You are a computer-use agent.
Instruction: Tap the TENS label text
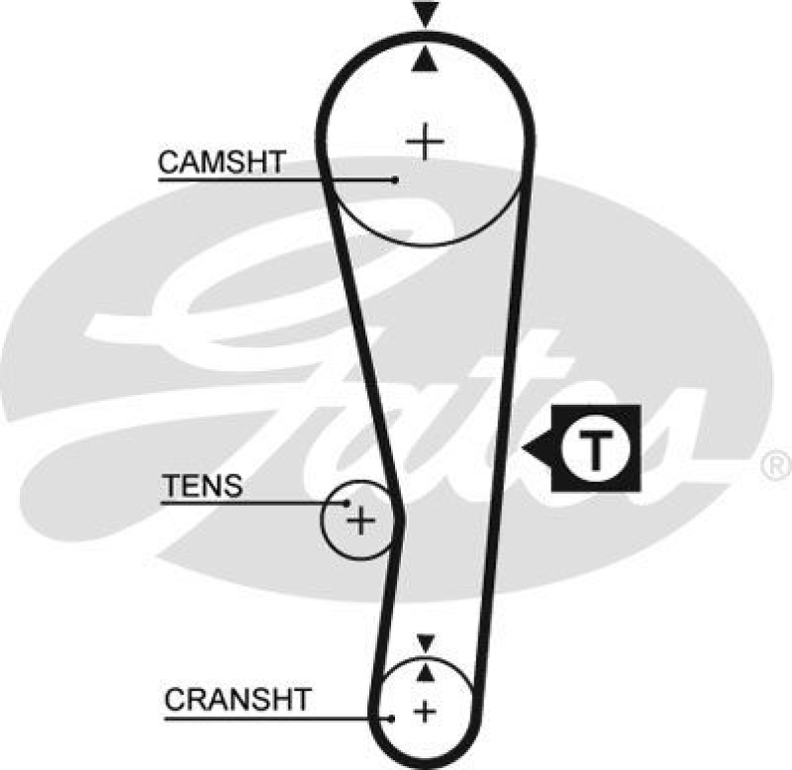[202, 486]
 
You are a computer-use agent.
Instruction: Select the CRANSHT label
[237, 701]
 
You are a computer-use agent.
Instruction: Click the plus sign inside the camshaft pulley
[426, 143]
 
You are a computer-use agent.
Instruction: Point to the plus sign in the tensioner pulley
[362, 520]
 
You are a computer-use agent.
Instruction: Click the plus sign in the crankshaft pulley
[425, 711]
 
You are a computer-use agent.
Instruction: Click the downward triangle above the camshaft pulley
[426, 15]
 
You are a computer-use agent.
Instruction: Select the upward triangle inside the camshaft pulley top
[426, 61]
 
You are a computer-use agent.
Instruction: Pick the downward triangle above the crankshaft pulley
[426, 643]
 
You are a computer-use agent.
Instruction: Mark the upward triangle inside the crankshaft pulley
[426, 671]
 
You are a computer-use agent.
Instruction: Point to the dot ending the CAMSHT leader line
[394, 179]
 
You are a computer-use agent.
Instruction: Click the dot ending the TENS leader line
[347, 503]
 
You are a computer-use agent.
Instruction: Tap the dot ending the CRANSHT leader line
[394, 718]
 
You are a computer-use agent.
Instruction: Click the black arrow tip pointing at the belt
[529, 451]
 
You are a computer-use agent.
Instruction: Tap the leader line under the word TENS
[247, 503]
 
